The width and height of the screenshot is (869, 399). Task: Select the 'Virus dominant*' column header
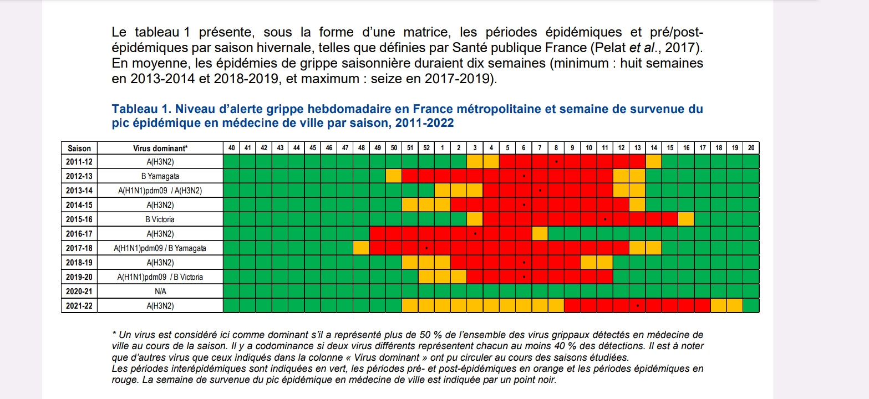160,148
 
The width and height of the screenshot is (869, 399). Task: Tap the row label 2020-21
79,291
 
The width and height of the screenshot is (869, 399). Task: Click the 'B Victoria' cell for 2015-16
160,219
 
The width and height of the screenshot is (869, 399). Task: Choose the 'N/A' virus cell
160,291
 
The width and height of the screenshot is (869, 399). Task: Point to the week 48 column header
361,148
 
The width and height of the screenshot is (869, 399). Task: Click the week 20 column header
751,148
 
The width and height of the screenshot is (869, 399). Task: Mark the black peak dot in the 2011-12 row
556,162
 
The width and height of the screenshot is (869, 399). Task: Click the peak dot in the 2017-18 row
426,248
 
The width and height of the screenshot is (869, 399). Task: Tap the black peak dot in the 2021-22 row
638,305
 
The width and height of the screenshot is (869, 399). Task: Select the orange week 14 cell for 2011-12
653,162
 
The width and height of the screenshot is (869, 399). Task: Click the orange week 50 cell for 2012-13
393,176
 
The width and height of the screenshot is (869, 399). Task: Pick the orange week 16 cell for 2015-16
685,219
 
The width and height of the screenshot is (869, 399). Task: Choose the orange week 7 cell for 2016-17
540,234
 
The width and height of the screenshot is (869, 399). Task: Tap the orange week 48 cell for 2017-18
361,248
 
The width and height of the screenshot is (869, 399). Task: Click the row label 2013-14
79,191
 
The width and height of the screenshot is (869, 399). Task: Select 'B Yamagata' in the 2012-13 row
160,176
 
